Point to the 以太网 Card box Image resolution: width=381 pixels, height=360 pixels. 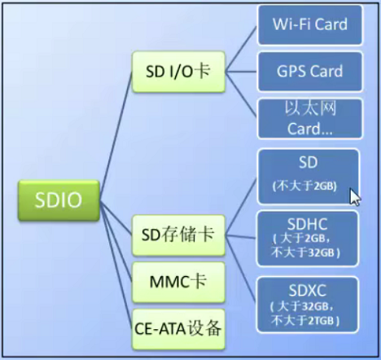click(309, 118)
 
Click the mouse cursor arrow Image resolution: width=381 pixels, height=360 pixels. click(354, 197)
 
